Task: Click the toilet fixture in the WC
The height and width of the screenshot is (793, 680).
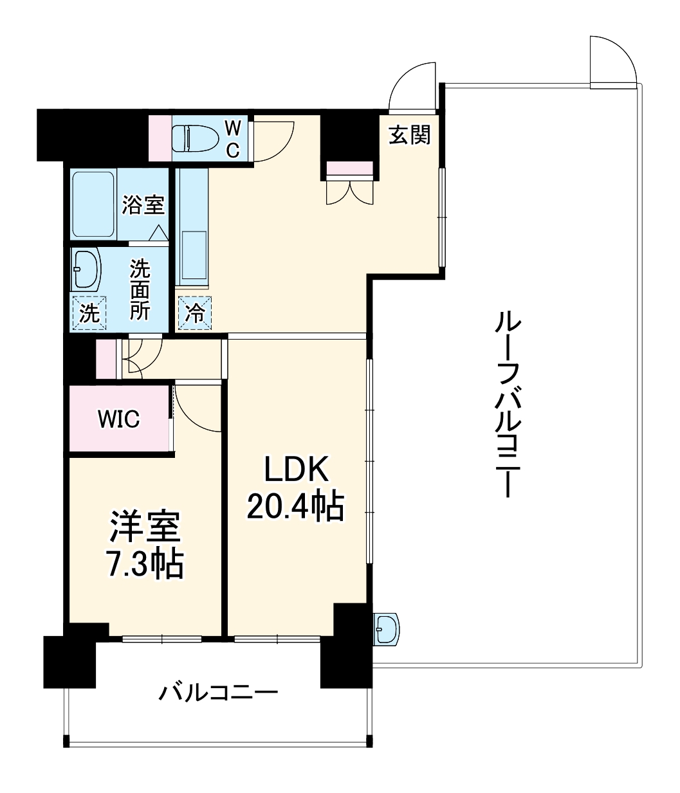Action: click(x=193, y=137)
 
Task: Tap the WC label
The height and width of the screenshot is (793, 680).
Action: click(x=232, y=138)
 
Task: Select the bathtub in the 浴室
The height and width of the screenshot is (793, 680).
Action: click(x=94, y=204)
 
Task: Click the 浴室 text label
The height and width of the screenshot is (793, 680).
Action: click(x=143, y=205)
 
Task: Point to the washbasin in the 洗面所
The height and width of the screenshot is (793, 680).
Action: click(x=86, y=268)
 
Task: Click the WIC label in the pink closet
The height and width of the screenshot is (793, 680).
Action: click(x=118, y=419)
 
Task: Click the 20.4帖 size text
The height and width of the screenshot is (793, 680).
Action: click(x=295, y=508)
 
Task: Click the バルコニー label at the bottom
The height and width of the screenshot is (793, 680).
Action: click(x=219, y=693)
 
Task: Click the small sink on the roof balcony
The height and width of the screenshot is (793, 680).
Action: click(x=386, y=627)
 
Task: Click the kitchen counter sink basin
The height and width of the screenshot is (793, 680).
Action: click(x=194, y=255)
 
